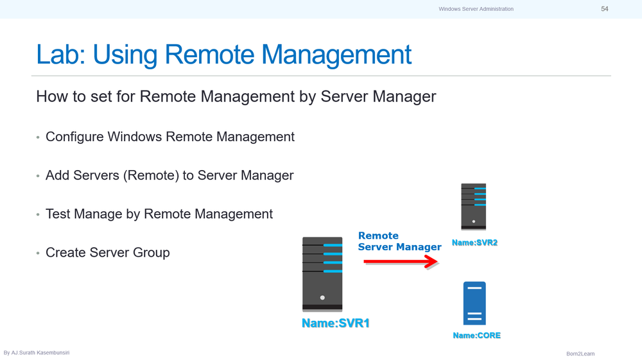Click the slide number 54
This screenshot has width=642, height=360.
[604, 9]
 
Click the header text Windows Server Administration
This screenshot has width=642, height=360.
[476, 9]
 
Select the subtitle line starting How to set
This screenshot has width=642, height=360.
[236, 97]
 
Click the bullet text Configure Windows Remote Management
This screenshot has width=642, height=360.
[170, 137]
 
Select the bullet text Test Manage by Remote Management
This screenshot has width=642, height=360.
[159, 214]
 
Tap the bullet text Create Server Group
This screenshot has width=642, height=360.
[108, 252]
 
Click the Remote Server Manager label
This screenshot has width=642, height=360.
[399, 241]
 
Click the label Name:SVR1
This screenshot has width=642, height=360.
[336, 323]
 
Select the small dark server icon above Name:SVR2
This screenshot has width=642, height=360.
[474, 207]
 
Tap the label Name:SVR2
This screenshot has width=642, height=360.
[474, 243]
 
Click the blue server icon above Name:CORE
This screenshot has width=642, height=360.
[474, 304]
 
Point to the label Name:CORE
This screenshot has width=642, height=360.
[476, 336]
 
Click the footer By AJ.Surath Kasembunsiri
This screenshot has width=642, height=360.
[37, 353]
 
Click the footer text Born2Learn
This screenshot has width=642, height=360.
[580, 354]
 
